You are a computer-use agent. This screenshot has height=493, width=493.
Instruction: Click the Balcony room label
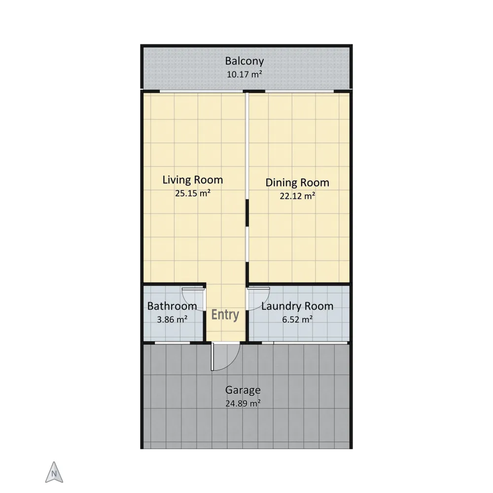pos(245,61)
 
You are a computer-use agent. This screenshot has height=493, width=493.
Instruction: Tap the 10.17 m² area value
pos(245,74)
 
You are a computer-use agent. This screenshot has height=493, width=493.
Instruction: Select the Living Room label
pos(192,180)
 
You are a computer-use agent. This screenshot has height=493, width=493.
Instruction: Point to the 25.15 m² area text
pos(192,193)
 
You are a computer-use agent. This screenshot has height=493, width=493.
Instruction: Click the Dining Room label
pos(297,183)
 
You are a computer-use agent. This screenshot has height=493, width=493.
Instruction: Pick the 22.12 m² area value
pos(297,196)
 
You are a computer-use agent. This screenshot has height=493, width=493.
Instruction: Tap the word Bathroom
pos(172,306)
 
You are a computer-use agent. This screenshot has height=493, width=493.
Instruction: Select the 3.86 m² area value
pos(172,319)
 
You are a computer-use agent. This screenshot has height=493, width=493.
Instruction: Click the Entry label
pos(225,315)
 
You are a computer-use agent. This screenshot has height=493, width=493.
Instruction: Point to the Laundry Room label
pos(297,306)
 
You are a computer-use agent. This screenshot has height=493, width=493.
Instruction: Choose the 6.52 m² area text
pos(297,319)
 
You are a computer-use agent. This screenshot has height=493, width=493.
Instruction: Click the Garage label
pos(243,390)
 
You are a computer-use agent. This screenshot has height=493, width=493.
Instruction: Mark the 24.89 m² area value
pos(243,403)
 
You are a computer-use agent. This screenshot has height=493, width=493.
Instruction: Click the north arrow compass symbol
pos(54,472)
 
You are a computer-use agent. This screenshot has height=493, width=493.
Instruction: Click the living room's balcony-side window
pos(201,91)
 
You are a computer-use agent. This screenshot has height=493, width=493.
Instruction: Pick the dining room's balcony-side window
pos(299,91)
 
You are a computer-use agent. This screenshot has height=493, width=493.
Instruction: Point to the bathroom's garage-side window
pos(173,343)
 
